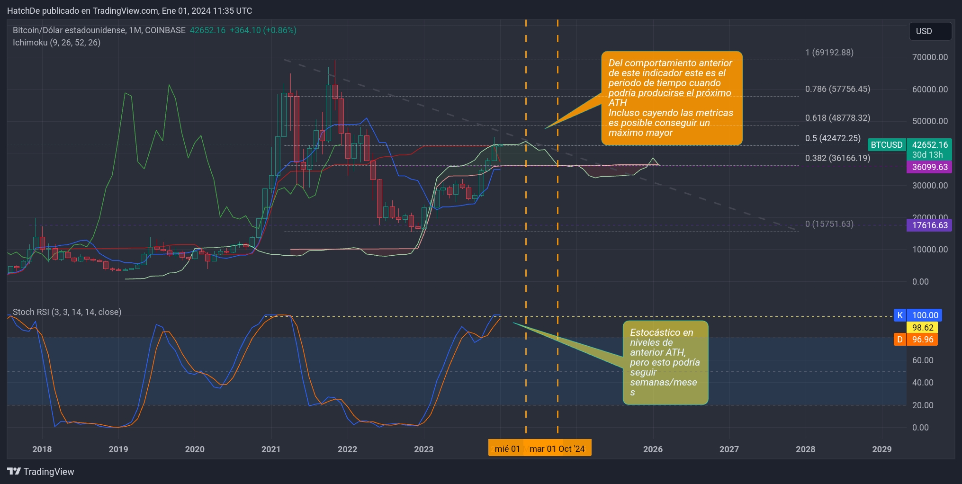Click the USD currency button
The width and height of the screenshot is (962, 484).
(930, 31)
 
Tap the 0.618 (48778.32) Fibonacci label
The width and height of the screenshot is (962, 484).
(837, 118)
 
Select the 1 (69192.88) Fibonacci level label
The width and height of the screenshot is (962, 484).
(829, 53)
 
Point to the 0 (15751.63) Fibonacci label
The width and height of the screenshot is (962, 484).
(829, 224)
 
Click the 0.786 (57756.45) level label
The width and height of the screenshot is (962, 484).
(837, 89)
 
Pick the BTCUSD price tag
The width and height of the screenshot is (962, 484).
(887, 145)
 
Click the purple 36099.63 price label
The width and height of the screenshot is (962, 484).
(929, 167)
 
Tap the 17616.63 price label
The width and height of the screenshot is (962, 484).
(929, 225)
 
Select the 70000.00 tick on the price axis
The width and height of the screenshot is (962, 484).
(930, 57)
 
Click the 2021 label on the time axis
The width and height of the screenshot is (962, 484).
(271, 449)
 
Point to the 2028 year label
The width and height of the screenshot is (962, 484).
(805, 449)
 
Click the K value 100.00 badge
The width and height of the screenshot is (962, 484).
(924, 315)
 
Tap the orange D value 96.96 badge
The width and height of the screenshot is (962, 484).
(922, 340)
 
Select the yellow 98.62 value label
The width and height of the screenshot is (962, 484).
(922, 328)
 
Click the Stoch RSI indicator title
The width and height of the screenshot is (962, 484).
(67, 312)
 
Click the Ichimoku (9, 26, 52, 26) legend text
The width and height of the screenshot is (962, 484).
(56, 43)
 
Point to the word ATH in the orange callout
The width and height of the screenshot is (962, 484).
(618, 103)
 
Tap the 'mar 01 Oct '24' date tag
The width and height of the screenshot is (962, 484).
(557, 449)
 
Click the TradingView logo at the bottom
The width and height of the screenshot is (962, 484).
(41, 472)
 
